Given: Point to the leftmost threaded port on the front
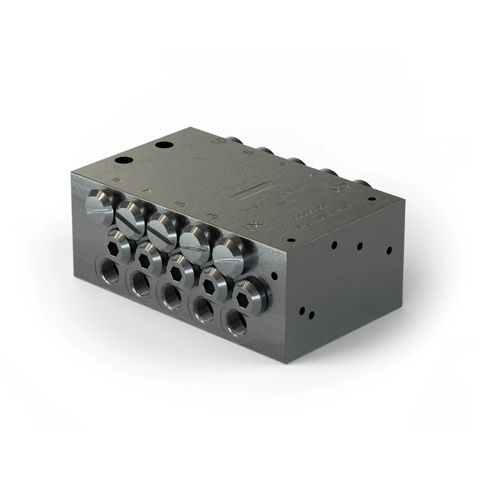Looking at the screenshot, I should click(x=110, y=268).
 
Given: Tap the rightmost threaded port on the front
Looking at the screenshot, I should click(x=235, y=323).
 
